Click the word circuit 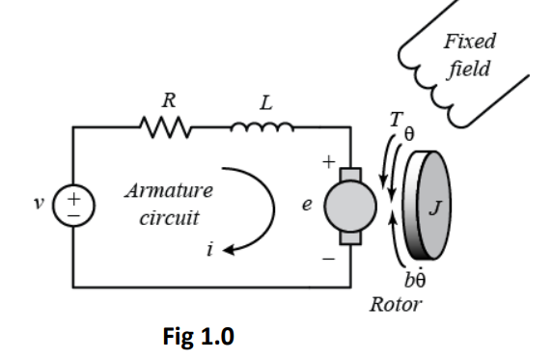tap(168, 216)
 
